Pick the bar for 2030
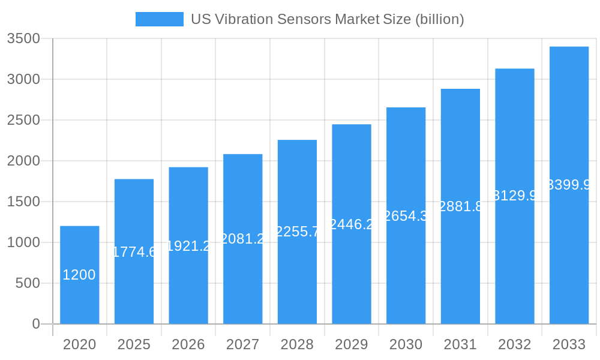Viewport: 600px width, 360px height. (406, 215)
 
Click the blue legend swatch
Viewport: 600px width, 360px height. (159, 19)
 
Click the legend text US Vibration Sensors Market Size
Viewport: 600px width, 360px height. (327, 19)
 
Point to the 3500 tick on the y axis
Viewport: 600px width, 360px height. (23, 38)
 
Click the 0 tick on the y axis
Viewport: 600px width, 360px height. (35, 324)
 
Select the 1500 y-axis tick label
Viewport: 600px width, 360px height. (23, 202)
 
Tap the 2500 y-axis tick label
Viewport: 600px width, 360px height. (23, 120)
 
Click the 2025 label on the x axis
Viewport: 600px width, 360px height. (134, 344)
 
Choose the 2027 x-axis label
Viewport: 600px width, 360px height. (242, 344)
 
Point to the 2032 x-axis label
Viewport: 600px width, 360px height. (514, 344)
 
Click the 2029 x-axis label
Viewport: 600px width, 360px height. (351, 344)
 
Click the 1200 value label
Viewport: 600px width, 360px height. (79, 275)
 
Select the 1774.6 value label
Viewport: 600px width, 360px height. (134, 252)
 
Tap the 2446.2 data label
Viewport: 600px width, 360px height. (351, 224)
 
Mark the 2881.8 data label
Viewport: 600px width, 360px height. (460, 206)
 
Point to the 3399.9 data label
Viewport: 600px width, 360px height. (569, 185)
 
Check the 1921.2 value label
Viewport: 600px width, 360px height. (188, 246)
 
